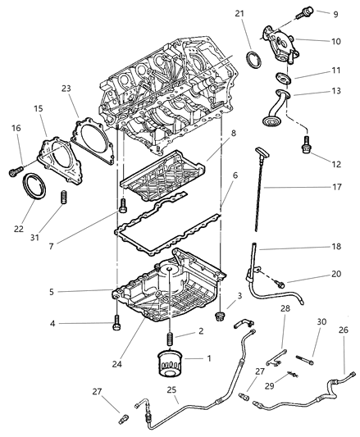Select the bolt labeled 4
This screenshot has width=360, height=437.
point(115,325)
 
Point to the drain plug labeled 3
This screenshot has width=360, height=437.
point(220,316)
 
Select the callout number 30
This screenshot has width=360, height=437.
point(322,321)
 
